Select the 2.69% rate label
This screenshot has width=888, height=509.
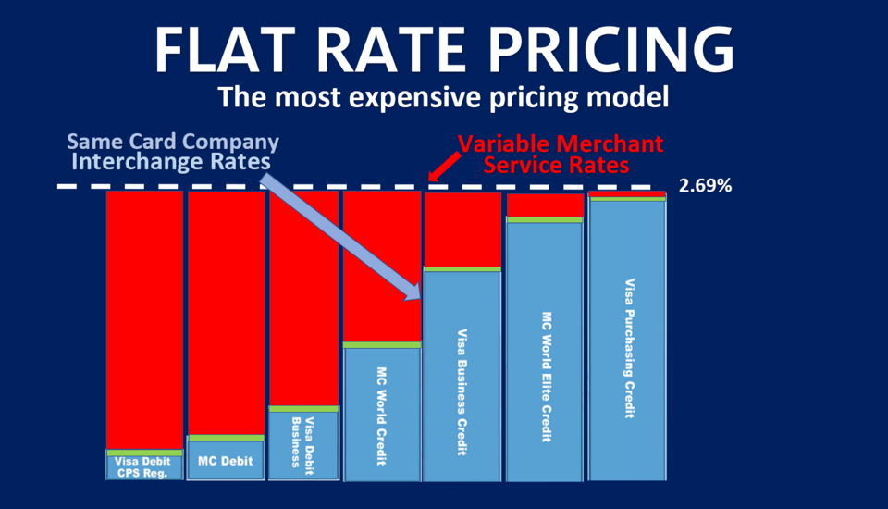point(705,186)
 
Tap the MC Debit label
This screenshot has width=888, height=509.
point(226,461)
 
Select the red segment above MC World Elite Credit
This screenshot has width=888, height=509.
point(545,205)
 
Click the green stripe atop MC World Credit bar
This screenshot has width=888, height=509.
point(381,345)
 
